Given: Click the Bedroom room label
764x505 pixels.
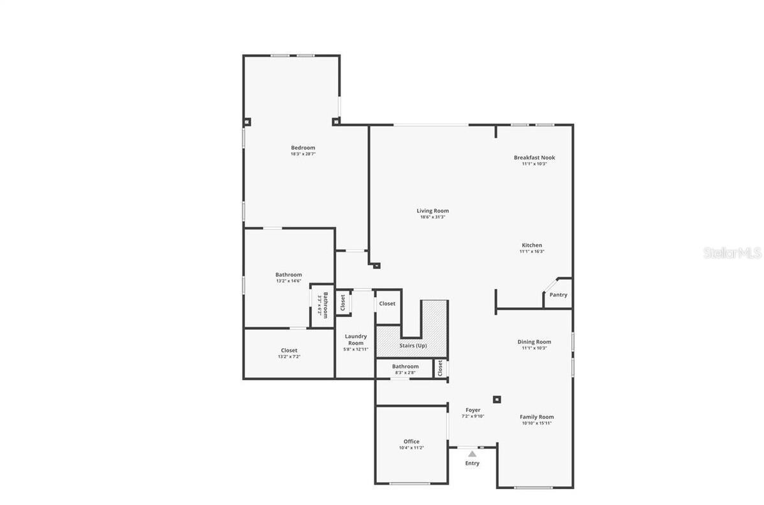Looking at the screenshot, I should pos(303,148).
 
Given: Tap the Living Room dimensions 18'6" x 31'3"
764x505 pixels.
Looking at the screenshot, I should pos(432,217).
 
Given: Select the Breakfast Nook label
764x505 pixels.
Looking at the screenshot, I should pos(534,157).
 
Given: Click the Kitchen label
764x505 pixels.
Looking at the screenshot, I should pos(532,245).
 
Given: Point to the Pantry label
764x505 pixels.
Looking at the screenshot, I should pos(558,295).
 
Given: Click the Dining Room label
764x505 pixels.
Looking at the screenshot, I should pos(534,342).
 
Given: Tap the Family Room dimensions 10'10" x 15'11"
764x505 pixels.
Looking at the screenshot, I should pos(536,423).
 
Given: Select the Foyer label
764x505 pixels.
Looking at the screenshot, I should pos(473,410).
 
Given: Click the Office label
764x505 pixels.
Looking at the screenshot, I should pos(411,441).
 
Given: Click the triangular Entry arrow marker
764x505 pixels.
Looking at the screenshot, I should pos(472,454).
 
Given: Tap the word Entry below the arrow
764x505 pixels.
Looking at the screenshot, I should pos(472,464).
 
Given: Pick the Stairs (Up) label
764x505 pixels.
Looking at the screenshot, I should pos(413,346).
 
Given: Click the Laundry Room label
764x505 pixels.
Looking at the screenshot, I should pos(355,340).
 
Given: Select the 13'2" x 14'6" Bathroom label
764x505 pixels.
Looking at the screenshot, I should pos(289,275).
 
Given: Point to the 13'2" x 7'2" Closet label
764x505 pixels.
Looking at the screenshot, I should pos(289,351).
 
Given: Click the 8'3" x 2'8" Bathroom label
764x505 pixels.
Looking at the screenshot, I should pos(405,367).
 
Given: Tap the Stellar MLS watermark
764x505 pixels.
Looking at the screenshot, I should pos(732,253).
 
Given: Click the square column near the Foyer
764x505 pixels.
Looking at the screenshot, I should pos(497,400).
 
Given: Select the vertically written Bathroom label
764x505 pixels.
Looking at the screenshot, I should pos(325,305).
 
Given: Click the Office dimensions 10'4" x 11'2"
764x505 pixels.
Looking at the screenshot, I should pos(411,448).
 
